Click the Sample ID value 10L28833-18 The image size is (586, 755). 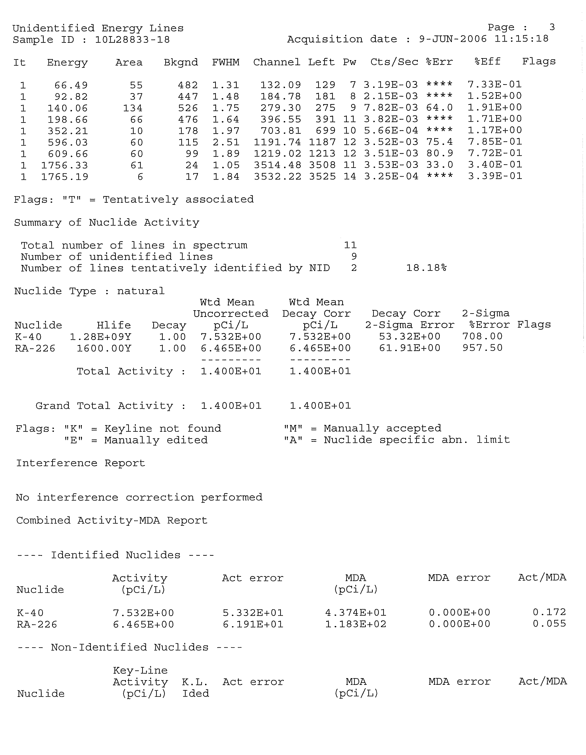[x=132, y=40]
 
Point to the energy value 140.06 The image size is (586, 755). [x=68, y=108]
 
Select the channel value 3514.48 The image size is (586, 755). [x=277, y=165]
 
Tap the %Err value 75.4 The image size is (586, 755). [x=439, y=142]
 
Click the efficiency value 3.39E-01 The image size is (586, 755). [x=495, y=176]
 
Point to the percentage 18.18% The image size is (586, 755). [x=426, y=268]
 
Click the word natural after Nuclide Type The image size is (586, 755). [x=141, y=291]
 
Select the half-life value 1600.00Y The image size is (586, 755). [x=104, y=348]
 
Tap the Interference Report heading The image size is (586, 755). [x=81, y=463]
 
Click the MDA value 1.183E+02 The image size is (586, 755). [x=356, y=624]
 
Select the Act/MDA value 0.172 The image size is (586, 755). [x=549, y=612]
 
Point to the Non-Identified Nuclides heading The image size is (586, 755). [x=130, y=647]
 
